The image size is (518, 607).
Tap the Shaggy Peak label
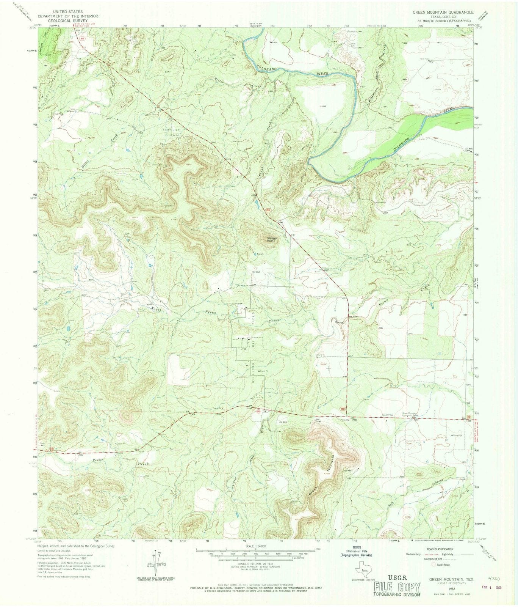[272, 239]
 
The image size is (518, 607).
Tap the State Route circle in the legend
[434, 564]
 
